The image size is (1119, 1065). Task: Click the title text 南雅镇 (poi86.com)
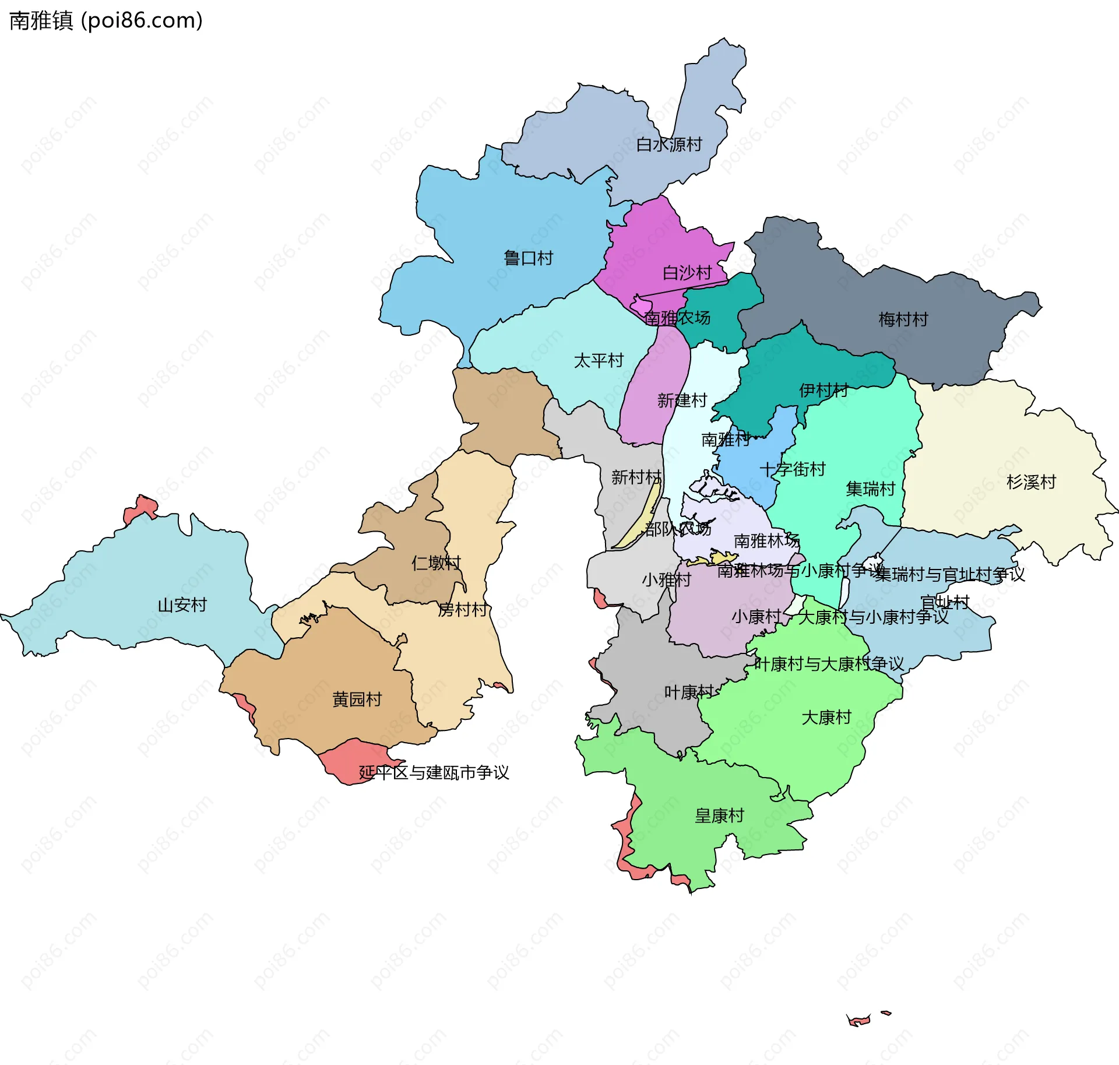point(106,20)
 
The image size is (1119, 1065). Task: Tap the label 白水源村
point(668,145)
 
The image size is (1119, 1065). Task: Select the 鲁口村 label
point(528,258)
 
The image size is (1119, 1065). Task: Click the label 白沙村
point(687,273)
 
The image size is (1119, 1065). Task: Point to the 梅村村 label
point(903,319)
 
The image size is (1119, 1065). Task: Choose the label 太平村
point(599,361)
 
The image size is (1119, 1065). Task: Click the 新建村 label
point(682,400)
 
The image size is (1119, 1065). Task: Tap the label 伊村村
point(824,391)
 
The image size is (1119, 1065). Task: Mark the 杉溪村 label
point(1031,482)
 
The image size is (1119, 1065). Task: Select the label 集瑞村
point(870,489)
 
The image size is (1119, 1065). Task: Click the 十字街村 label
point(792,469)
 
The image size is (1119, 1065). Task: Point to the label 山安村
point(182,605)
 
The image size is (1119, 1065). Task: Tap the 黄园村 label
point(357,700)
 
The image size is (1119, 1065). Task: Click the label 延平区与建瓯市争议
point(434,773)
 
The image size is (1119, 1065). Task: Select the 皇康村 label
point(719,816)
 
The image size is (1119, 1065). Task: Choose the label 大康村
point(826,718)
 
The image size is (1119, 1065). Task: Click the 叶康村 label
point(689,693)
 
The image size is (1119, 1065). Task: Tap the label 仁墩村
point(436,563)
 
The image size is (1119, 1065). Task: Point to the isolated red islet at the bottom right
point(858,1020)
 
